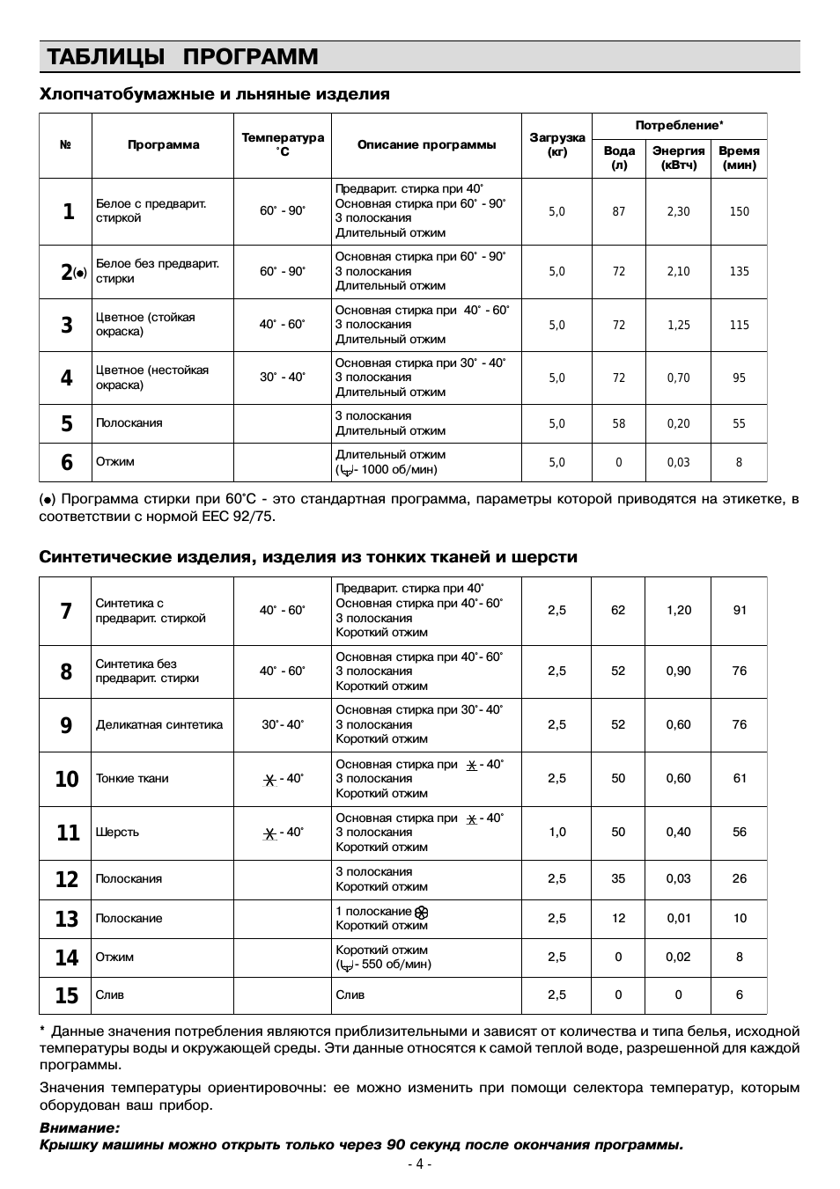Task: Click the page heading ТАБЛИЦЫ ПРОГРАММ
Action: pos(182,57)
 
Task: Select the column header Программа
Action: pos(163,145)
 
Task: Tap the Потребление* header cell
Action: pos(679,126)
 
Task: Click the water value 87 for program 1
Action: pos(619,211)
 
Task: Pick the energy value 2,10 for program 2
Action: pos(678,271)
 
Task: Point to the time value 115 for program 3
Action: pos(739,325)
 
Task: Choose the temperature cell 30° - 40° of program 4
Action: pos(282,378)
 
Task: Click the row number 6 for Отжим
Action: pos(67,462)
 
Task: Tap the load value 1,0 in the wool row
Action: pos(556,832)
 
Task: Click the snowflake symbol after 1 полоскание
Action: pos(421,912)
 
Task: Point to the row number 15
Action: pos(67,995)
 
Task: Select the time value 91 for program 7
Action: pos(739,610)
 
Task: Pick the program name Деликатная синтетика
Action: pos(158,725)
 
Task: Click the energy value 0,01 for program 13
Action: pos(678,918)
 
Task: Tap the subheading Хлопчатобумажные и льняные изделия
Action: pos(214,94)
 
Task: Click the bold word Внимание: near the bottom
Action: pos(79,1127)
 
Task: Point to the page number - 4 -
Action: pos(420,1164)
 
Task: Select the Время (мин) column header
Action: pos(739,158)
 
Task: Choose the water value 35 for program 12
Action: pos(618,878)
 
